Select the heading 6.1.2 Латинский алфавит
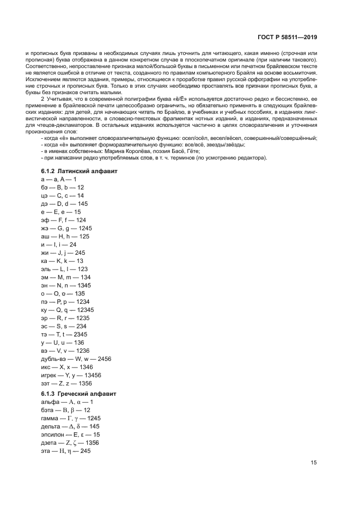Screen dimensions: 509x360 [78, 171]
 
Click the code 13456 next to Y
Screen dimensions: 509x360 [91, 376]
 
